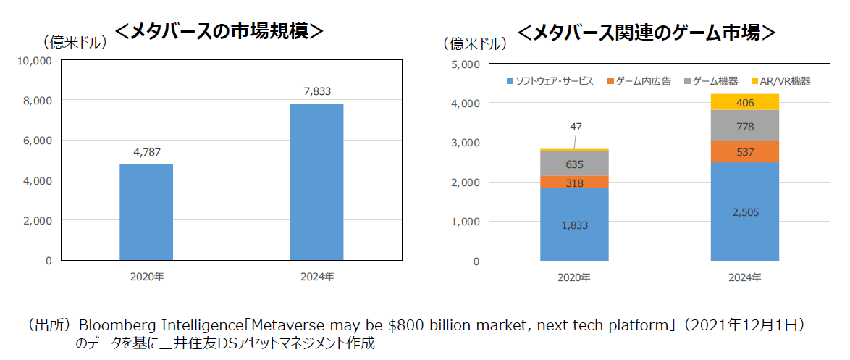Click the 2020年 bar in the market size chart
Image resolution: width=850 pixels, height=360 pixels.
(146, 212)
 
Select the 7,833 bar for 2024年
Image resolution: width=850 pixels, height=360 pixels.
(317, 181)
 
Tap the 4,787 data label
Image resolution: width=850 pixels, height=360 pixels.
(146, 152)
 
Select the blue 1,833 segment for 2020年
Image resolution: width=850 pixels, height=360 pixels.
(574, 224)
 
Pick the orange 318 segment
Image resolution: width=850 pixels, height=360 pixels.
(574, 182)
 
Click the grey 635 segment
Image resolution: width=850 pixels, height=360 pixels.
(574, 163)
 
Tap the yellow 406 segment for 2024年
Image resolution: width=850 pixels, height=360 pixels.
(745, 102)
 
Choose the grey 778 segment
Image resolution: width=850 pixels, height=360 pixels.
(745, 125)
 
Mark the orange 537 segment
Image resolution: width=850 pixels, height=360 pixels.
(745, 151)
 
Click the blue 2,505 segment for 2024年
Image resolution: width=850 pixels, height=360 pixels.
(745, 211)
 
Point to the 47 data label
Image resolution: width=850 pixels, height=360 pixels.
(576, 127)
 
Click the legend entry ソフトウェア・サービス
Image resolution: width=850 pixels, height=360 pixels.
(550, 81)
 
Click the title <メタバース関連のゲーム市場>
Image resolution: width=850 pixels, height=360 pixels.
(647, 33)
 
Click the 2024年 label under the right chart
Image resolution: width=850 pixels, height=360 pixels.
(745, 277)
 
